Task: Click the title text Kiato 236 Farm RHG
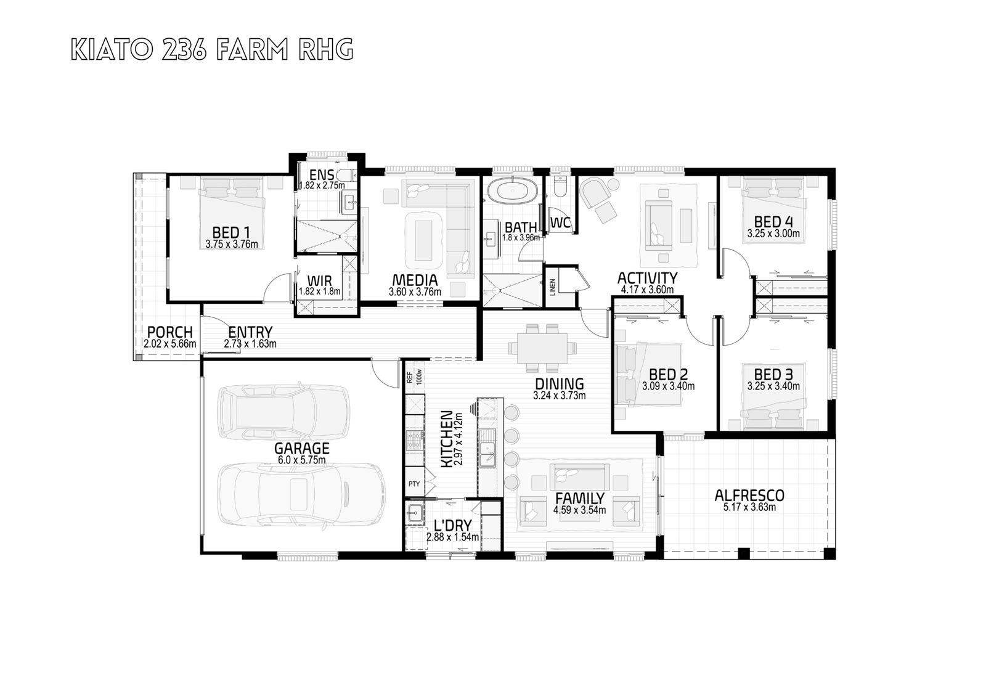click(212, 50)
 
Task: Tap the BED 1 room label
click(232, 232)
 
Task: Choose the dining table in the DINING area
click(542, 348)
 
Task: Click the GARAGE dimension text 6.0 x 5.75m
click(301, 460)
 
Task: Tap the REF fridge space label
click(410, 377)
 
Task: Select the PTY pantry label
click(414, 484)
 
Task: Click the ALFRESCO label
click(749, 495)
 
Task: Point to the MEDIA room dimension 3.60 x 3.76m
click(415, 291)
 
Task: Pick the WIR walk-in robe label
click(320, 280)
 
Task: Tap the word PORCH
click(170, 332)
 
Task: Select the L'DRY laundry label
click(452, 525)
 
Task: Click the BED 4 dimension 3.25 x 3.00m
click(773, 234)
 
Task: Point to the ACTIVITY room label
click(647, 279)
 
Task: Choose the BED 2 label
click(668, 375)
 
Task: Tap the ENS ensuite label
click(322, 175)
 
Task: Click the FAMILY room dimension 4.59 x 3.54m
click(579, 510)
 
